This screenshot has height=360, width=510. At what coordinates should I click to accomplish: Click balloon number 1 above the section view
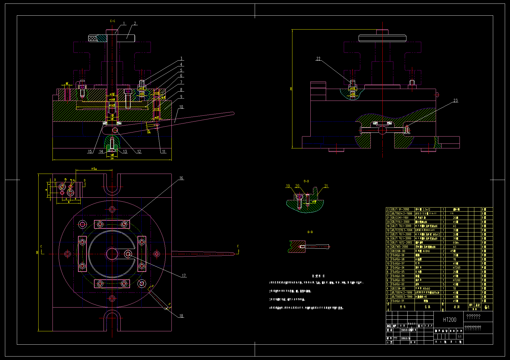pyautogui.click(x=124, y=23)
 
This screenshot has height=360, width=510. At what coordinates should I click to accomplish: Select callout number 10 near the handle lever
pyautogui.click(x=181, y=107)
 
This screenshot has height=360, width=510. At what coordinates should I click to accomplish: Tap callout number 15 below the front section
pyautogui.click(x=90, y=151)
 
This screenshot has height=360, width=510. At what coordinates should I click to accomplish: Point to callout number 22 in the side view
pyautogui.click(x=318, y=59)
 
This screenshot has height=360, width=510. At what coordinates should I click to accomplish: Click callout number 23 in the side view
pyautogui.click(x=455, y=100)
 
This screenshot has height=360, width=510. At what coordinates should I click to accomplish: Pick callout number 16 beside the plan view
pyautogui.click(x=181, y=178)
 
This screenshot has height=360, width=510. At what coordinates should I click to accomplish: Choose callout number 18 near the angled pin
pyautogui.click(x=181, y=316)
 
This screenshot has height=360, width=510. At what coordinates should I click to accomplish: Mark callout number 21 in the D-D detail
pyautogui.click(x=326, y=186)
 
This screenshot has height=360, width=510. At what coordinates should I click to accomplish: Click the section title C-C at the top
pyautogui.click(x=113, y=21)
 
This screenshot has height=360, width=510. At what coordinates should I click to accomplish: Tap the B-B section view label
pyautogui.click(x=310, y=232)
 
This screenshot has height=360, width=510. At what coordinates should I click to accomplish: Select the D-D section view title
pyautogui.click(x=306, y=181)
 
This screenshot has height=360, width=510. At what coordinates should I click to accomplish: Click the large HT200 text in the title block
pyautogui.click(x=449, y=320)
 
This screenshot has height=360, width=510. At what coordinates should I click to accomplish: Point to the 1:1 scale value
pyautogui.click(x=460, y=337)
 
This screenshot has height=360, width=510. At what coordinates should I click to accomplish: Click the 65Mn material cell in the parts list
pyautogui.click(x=456, y=243)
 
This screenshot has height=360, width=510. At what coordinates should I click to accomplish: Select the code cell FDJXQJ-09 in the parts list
pyautogui.click(x=398, y=255)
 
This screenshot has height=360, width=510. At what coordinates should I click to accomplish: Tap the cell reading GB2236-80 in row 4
pyautogui.click(x=398, y=288)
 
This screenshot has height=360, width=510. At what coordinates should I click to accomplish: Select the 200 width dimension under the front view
pyautogui.click(x=112, y=159)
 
